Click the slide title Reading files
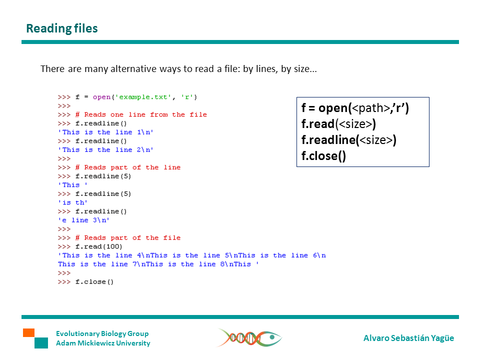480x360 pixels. (62, 28)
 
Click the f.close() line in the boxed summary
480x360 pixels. (323, 156)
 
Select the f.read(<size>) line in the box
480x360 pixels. (338, 124)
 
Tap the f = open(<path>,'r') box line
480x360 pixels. (355, 107)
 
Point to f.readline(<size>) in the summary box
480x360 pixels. (348, 140)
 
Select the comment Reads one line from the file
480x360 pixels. (141, 114)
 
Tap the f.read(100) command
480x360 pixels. (99, 246)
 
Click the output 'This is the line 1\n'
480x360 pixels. (106, 132)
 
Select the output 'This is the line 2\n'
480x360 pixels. (106, 150)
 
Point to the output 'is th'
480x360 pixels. (73, 203)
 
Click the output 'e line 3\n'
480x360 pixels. (84, 220)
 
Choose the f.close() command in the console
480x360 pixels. (94, 282)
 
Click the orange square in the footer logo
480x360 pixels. (28, 332)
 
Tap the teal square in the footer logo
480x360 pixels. (41, 343)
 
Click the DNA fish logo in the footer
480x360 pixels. (249, 337)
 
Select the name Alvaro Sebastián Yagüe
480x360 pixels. (408, 338)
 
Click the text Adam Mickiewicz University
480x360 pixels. (103, 343)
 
